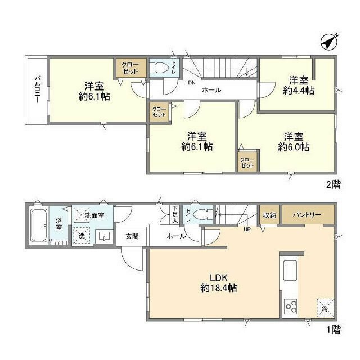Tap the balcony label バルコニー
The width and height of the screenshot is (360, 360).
tap(38, 89)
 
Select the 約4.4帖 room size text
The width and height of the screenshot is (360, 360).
tap(299, 91)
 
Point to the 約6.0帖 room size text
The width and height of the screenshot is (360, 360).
tap(294, 147)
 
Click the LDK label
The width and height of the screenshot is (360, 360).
tap(219, 278)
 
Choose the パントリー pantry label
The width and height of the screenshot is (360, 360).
tap(307, 215)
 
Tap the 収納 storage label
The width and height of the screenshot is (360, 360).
tap(269, 215)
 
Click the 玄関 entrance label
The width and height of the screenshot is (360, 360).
tap(132, 236)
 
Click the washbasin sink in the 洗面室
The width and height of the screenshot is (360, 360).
tap(105, 236)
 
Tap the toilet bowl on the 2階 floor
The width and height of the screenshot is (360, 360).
tap(159, 68)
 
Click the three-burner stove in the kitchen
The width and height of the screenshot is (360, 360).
tap(290, 306)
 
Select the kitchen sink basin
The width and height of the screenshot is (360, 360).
tap(290, 271)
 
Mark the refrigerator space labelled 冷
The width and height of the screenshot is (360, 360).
tap(325, 308)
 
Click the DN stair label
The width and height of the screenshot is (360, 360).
tap(192, 83)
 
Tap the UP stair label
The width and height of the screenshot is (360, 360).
tap(247, 229)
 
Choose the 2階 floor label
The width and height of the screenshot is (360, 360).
tap(334, 184)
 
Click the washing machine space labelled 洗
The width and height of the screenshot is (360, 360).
tap(81, 236)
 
